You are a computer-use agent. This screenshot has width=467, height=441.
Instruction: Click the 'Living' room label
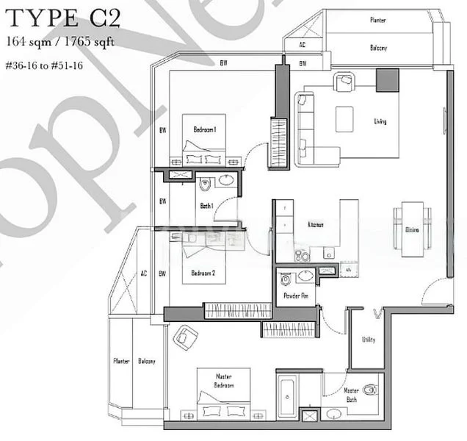point(380,121)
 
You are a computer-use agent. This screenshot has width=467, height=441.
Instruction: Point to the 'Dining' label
point(412,230)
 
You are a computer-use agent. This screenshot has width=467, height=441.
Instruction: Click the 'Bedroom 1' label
point(204,130)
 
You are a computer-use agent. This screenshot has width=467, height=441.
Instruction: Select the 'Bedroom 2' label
point(203,273)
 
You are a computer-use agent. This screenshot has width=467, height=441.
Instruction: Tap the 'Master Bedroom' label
point(224,381)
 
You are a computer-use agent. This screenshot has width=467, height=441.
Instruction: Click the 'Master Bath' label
point(351,395)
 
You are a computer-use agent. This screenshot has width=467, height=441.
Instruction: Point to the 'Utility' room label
point(368,340)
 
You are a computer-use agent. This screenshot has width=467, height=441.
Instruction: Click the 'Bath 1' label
point(206,206)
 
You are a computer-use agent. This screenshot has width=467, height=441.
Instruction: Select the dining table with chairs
point(411,230)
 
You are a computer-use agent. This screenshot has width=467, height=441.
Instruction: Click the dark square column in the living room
point(386,80)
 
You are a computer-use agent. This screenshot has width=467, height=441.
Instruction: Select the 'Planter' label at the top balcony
point(378,21)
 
